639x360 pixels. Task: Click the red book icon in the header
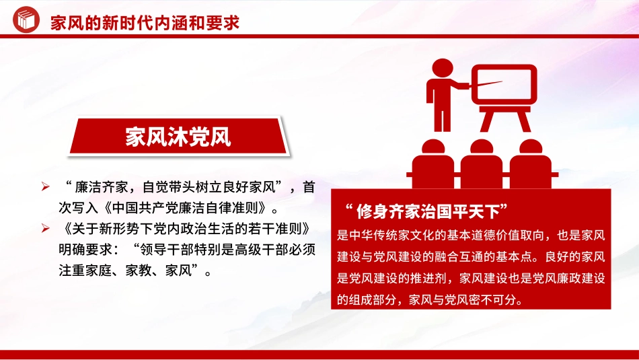[x=25, y=22]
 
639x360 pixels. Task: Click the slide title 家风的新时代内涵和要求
[x=145, y=23]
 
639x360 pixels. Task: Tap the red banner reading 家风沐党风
[x=178, y=137]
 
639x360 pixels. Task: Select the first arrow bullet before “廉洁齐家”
[x=45, y=186]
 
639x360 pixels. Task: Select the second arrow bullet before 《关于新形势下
[x=45, y=228]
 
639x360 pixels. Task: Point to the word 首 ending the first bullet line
[x=308, y=186]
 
